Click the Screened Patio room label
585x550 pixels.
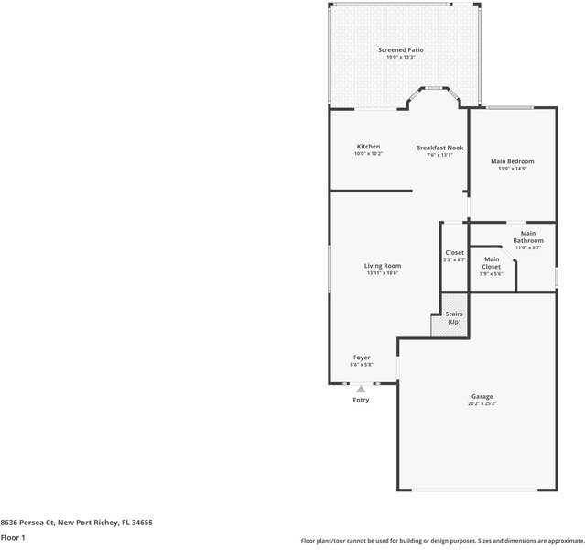(x=401, y=49)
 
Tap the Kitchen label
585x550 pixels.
(x=368, y=147)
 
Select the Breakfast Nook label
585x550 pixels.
(x=439, y=148)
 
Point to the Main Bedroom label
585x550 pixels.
(x=512, y=161)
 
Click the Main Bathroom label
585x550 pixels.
(x=528, y=236)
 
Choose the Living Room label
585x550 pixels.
(x=383, y=266)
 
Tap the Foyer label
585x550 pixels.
(x=362, y=357)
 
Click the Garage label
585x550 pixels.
(x=482, y=396)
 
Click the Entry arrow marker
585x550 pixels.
(x=361, y=389)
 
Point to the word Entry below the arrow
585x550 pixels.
(x=361, y=400)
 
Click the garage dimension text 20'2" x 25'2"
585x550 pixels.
(x=482, y=403)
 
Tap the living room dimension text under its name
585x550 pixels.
(x=383, y=273)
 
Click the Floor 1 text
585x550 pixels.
(x=13, y=537)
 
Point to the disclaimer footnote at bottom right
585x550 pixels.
(x=442, y=541)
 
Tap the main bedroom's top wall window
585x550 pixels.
(x=510, y=108)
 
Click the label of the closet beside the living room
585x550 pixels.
(x=455, y=252)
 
